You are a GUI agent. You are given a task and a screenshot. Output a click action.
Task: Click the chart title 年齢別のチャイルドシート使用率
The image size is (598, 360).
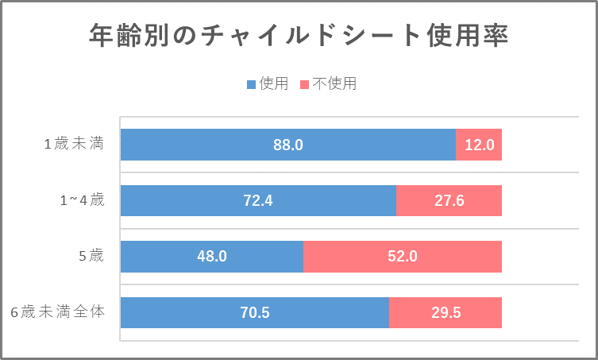click(x=299, y=37)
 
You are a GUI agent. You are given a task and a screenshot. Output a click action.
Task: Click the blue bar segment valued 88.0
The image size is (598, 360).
click(x=238, y=145)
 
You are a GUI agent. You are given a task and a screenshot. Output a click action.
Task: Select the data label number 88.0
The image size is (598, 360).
click(x=287, y=145)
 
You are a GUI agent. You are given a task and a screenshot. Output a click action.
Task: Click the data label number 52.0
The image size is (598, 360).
click(x=403, y=257)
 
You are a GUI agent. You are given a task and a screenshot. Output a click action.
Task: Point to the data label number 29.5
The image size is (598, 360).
click(x=446, y=312)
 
